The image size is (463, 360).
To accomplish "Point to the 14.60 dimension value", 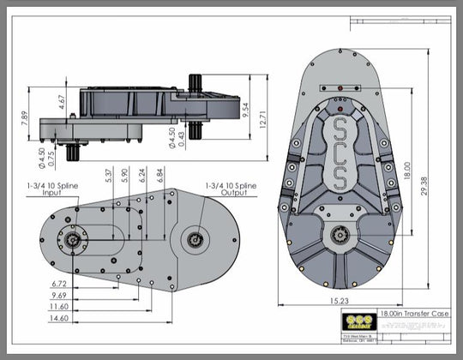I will tap(60, 318).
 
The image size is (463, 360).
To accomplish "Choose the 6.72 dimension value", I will tap(60, 283).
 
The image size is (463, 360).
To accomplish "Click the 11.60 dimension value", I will tap(60, 306).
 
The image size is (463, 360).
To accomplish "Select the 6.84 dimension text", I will tap(159, 175).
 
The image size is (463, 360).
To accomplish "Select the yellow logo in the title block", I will tap(354, 321).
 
